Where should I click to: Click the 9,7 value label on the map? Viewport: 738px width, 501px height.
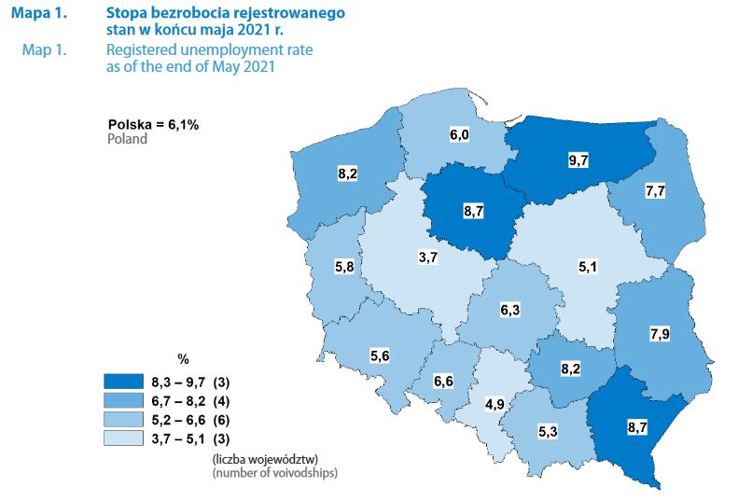(x=578, y=160)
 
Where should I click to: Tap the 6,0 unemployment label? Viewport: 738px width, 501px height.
(x=459, y=136)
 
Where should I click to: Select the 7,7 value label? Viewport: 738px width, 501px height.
(x=654, y=191)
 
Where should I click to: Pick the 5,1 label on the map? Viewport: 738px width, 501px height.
(x=588, y=268)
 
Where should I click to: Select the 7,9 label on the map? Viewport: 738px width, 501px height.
(x=659, y=333)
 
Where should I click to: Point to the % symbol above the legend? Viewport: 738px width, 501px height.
(x=183, y=359)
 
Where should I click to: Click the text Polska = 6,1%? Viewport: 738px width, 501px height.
(x=153, y=123)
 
